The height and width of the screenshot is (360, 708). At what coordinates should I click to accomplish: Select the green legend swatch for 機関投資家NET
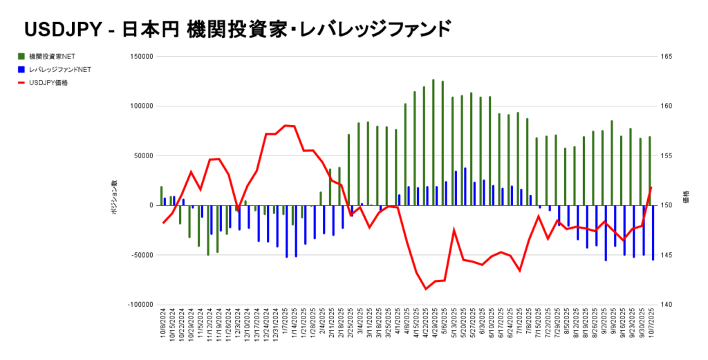pos(21,56)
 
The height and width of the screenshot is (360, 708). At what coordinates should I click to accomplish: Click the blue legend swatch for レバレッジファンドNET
pos(21,69)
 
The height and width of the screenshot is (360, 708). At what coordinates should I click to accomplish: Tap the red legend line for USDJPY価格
pos(21,83)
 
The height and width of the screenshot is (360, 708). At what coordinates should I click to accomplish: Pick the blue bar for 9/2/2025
pos(606,233)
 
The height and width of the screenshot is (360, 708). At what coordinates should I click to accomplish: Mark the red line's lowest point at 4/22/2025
pos(426,289)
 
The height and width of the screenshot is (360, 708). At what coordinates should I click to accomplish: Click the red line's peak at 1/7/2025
pos(285,126)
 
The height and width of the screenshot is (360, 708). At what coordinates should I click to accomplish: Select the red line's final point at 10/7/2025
pos(652,187)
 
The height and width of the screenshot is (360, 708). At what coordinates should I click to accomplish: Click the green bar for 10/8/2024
pos(161,196)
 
